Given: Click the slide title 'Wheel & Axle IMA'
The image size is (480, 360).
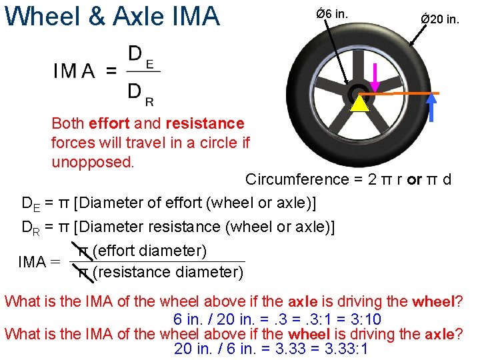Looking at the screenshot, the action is tap(112, 16).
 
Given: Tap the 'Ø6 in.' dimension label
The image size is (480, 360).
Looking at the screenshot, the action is tap(332, 15).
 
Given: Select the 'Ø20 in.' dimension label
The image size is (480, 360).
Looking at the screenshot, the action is tap(439, 19).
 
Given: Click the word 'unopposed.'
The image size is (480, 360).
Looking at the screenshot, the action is tap(88, 162).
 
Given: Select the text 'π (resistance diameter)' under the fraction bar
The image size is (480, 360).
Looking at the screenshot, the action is tap(161, 272).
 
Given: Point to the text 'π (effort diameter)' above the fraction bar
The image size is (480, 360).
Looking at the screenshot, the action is tap(143, 251).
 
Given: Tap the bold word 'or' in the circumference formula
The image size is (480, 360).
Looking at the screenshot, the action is tap(413, 179).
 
